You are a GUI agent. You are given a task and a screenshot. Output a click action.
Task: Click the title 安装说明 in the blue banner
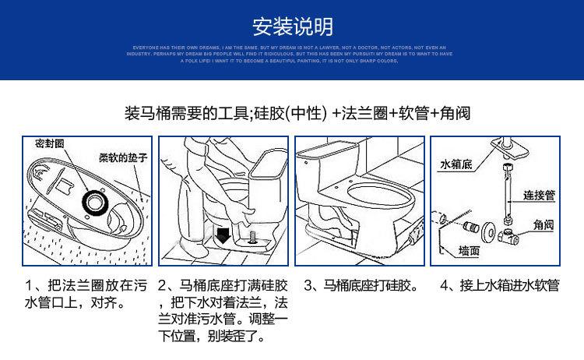[292, 26]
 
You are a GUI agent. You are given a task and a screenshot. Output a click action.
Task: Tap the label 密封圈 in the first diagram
[49, 145]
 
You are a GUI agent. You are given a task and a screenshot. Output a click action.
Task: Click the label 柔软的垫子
[121, 157]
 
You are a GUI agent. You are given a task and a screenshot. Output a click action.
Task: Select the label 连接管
[539, 196]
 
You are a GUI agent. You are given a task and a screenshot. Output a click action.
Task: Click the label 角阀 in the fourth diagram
[544, 224]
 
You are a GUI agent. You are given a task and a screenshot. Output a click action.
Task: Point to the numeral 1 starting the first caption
[29, 286]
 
